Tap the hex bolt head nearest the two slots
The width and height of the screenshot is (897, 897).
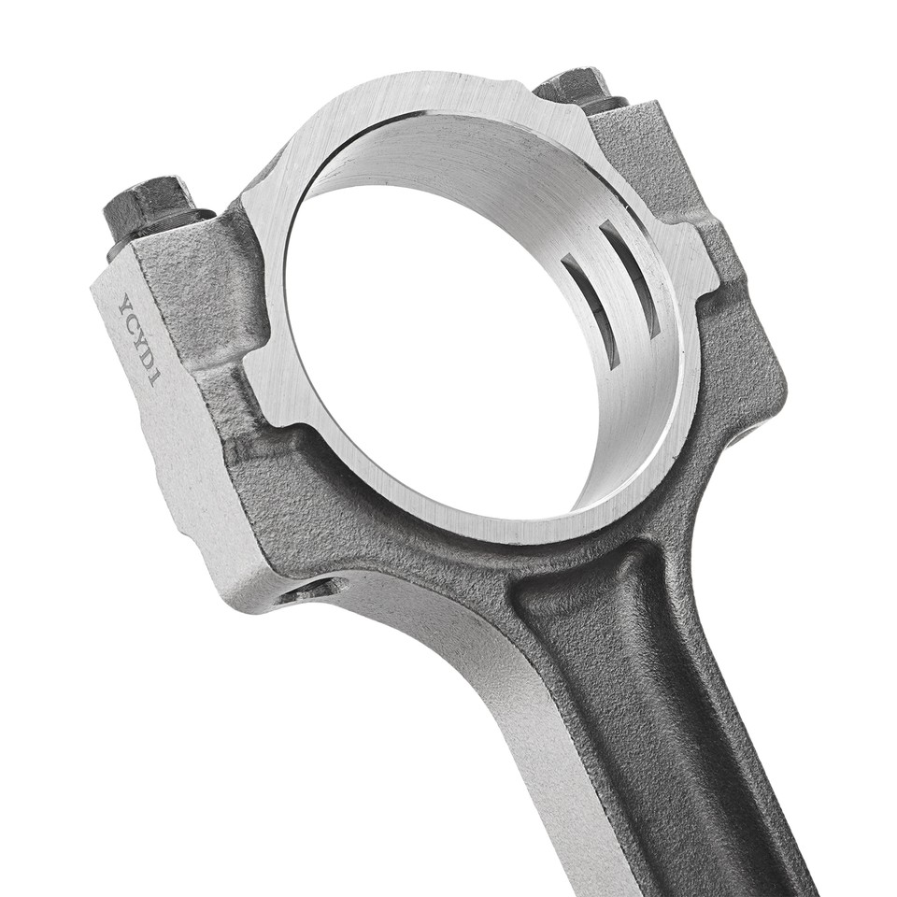575,86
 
